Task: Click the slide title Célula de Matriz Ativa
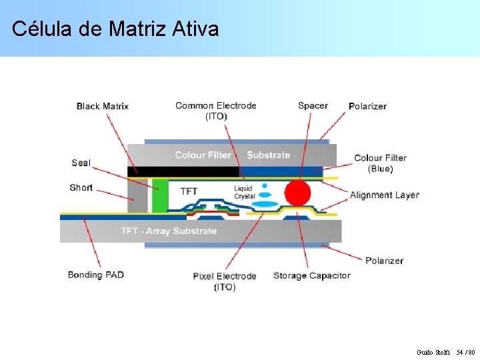(115, 29)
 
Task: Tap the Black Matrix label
(103, 106)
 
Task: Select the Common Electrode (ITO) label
(215, 111)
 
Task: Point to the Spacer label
(313, 105)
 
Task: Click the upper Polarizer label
(367, 106)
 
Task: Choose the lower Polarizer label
(384, 260)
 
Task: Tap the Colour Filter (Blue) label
(380, 163)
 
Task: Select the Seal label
(81, 163)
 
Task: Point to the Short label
(81, 187)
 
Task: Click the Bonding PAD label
(96, 275)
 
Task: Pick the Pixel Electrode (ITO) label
(225, 281)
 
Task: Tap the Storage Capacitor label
(312, 275)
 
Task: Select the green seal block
(159, 196)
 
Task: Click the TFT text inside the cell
(189, 191)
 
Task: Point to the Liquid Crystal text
(244, 192)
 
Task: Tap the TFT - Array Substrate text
(169, 231)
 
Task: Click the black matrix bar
(183, 171)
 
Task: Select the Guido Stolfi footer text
(433, 352)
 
